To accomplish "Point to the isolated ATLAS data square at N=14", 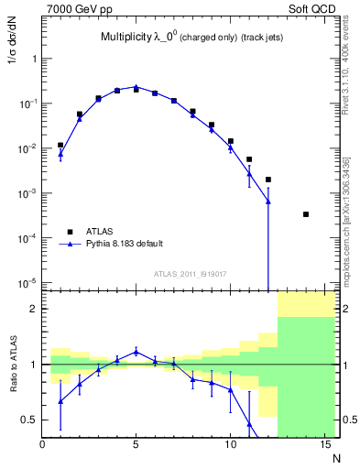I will click(306, 214).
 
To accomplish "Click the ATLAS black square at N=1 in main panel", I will click(60, 145).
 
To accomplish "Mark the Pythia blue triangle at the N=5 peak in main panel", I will click(136, 87).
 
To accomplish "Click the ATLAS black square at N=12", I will click(268, 180).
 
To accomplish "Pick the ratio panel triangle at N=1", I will click(60, 401).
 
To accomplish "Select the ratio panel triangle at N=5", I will click(136, 351).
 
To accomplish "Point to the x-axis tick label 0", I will click(42, 445).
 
